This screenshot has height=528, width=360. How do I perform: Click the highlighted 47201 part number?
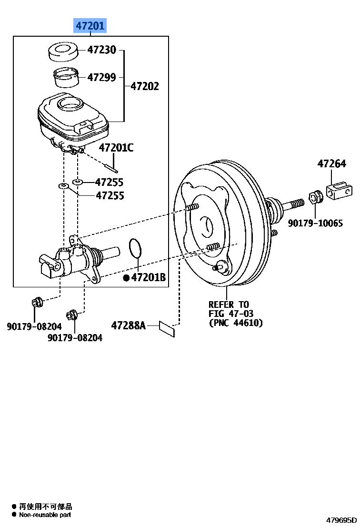click(90, 26)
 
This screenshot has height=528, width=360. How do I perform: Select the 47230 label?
click(101, 50)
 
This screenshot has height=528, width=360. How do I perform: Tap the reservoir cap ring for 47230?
click(64, 51)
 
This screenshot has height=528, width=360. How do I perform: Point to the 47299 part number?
click(101, 77)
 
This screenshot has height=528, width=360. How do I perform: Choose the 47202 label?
click(145, 86)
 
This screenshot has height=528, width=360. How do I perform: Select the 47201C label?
click(116, 148)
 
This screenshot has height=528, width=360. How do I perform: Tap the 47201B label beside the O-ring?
click(148, 277)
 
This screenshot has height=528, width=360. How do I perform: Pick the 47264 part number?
click(332, 164)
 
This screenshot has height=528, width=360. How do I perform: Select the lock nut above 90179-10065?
click(315, 196)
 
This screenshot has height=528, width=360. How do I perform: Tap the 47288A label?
click(128, 325)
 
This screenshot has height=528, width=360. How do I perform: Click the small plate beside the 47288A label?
click(167, 328)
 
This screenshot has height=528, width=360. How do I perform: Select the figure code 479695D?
click(341, 519)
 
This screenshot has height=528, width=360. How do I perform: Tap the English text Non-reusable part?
click(45, 515)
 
